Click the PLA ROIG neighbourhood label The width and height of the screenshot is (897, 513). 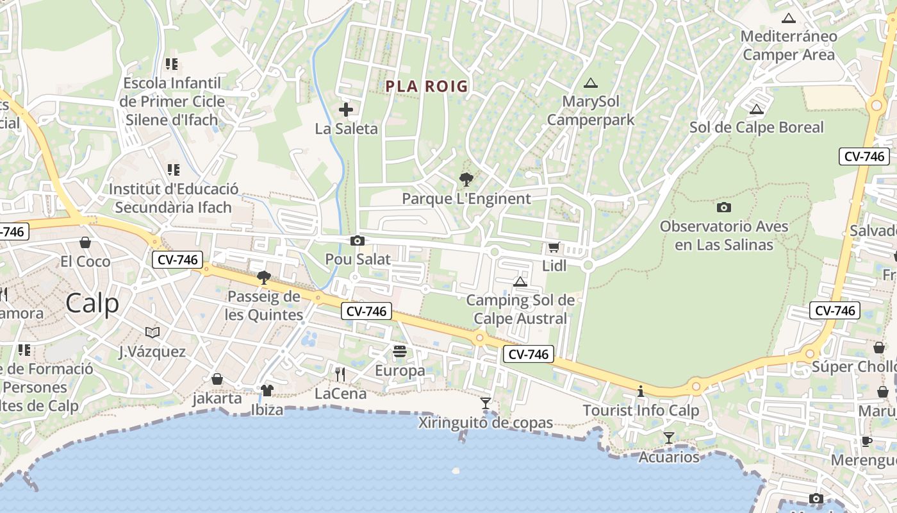click(427, 86)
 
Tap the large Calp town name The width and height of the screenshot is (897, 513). click(92, 303)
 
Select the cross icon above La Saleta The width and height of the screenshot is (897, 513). click(346, 110)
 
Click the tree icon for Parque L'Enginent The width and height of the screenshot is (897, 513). click(466, 180)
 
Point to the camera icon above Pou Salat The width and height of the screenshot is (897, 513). click(358, 240)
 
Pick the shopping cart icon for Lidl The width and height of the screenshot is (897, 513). click(554, 247)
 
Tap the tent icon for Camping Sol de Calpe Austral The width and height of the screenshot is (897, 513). click(520, 282)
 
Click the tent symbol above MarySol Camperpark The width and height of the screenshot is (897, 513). click(590, 83)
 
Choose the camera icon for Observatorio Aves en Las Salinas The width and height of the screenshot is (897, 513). click(724, 207)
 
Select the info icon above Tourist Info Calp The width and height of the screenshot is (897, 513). click(640, 391)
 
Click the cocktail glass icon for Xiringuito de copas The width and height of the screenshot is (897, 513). click(486, 403)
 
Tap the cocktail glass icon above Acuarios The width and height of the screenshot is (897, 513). click(669, 438)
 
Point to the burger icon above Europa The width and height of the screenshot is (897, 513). click(400, 351)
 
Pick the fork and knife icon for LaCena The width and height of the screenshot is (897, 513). click(340, 374)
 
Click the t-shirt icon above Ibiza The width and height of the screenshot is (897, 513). click(267, 390)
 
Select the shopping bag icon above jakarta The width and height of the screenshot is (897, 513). click(217, 379)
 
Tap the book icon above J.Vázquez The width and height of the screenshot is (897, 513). click(152, 332)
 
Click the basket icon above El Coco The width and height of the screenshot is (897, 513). click(85, 242)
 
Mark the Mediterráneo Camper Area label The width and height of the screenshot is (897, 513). click(789, 45)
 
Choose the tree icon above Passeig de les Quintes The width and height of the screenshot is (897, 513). click(263, 278)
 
